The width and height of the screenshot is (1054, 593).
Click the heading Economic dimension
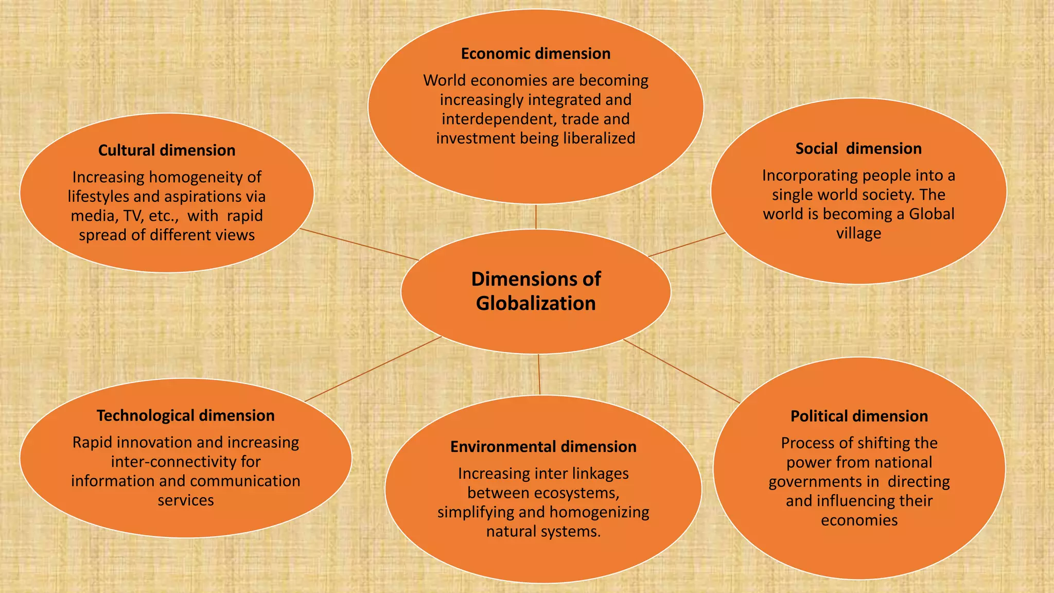(536, 54)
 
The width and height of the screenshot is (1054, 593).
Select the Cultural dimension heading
(167, 150)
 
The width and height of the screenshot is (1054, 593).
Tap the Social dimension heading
(858, 149)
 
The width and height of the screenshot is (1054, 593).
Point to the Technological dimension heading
(186, 416)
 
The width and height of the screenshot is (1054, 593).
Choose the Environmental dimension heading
(543, 447)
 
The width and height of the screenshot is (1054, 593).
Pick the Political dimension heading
(859, 416)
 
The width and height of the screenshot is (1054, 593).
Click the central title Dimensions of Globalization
(536, 291)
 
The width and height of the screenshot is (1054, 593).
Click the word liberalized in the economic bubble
(600, 138)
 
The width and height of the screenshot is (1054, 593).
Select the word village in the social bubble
(858, 234)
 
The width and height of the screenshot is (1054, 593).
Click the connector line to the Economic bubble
(536, 217)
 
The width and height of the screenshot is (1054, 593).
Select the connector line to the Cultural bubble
(359, 245)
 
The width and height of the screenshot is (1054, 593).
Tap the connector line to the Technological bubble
(373, 369)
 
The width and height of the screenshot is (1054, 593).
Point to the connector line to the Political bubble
(681, 371)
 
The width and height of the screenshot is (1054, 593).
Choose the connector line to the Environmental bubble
(539, 375)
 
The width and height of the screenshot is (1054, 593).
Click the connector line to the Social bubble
(687, 245)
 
